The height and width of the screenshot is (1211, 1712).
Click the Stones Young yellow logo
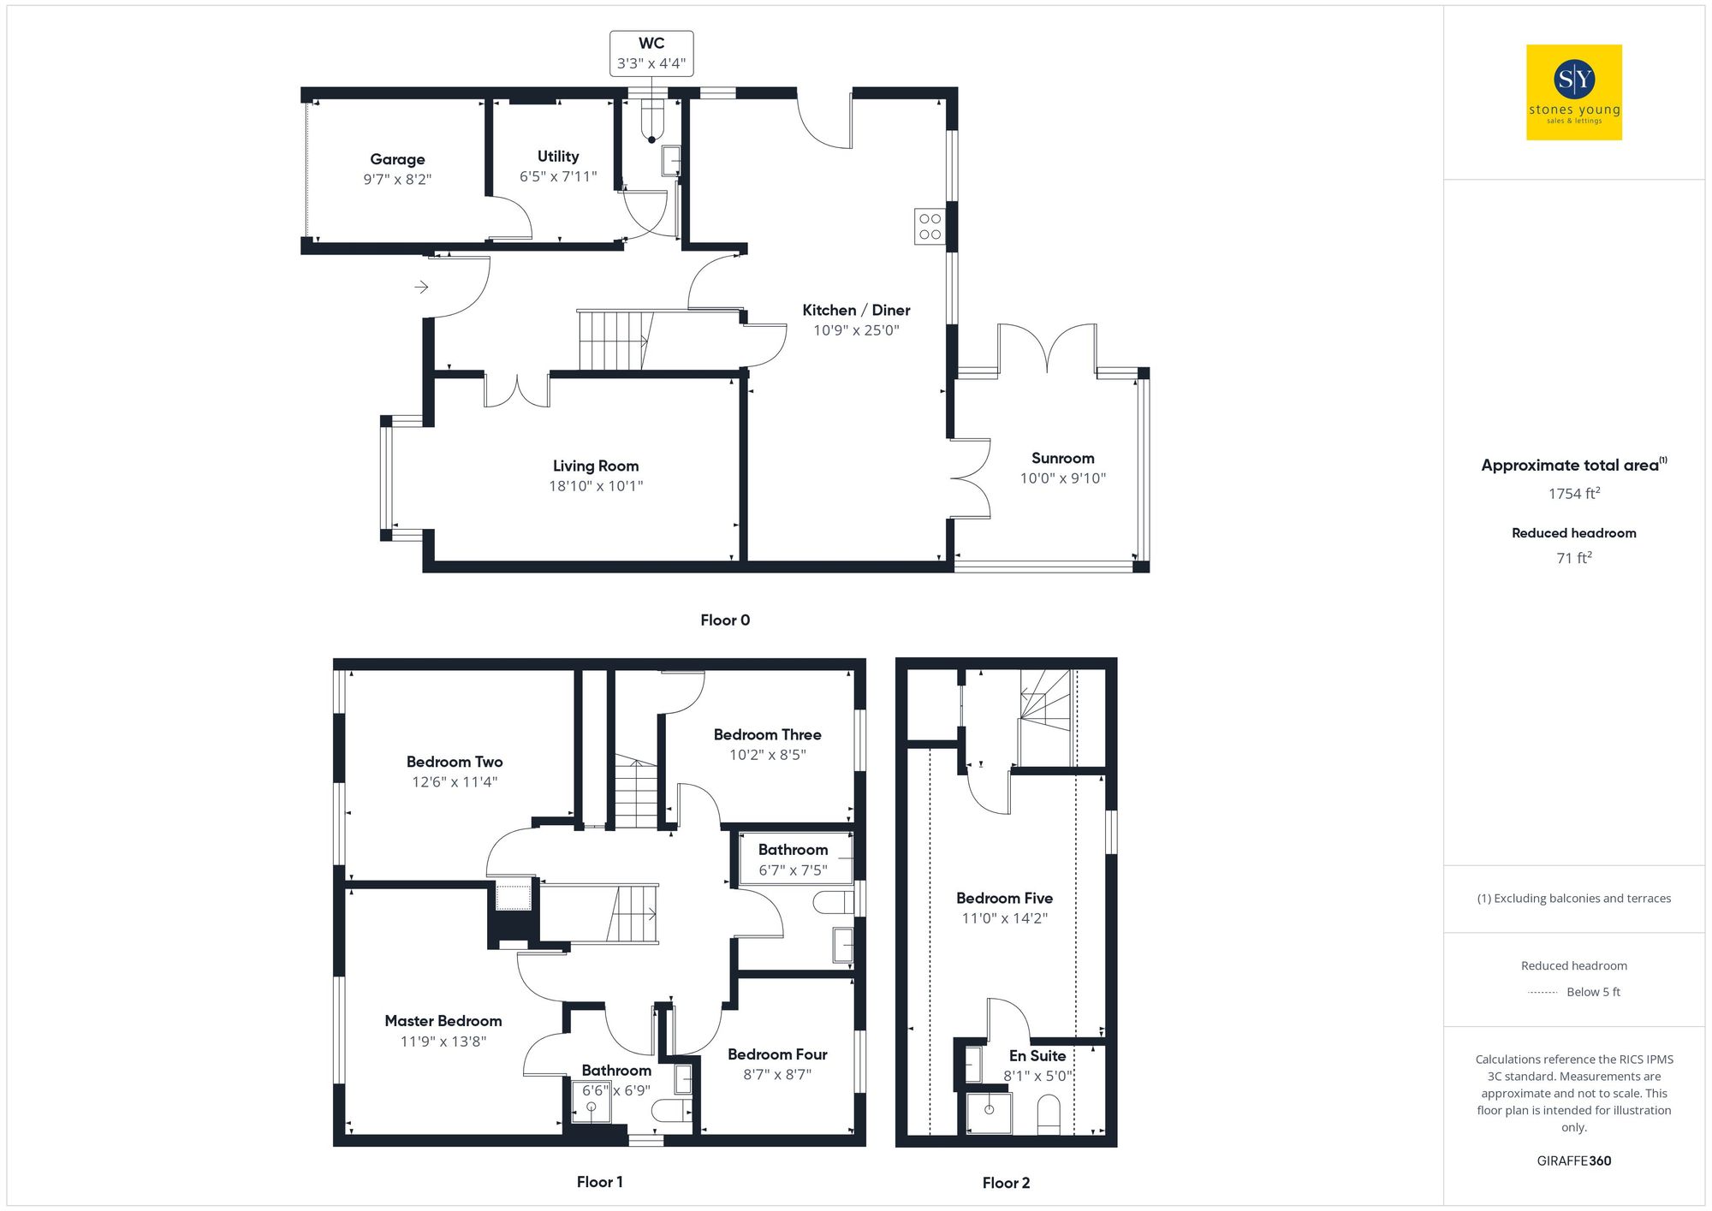tap(1573, 92)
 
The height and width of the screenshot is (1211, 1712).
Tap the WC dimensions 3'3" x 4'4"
tap(651, 63)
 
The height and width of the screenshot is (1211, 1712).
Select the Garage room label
tap(397, 159)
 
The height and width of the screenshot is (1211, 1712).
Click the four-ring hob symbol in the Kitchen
tap(930, 227)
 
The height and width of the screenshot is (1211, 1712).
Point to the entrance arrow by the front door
tap(421, 287)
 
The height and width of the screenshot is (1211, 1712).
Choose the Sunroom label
tap(1062, 459)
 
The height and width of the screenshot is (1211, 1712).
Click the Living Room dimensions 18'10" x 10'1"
tap(596, 486)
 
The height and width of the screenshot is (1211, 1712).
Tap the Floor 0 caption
tap(724, 620)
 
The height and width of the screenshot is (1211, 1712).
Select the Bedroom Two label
tap(455, 762)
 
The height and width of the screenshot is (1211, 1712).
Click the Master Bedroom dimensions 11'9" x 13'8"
tap(443, 1042)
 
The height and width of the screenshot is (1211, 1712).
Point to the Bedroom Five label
tap(1004, 898)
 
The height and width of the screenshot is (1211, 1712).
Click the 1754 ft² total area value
tap(1573, 494)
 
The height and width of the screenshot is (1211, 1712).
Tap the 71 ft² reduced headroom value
tap(1573, 558)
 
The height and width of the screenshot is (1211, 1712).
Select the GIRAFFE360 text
tap(1573, 1161)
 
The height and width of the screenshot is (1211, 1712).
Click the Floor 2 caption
tap(1006, 1183)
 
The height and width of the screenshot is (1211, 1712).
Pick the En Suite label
tap(1037, 1056)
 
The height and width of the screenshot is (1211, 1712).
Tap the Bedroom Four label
tap(777, 1054)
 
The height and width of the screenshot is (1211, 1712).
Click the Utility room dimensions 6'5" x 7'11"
tap(558, 177)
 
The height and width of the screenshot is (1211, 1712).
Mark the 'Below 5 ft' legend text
tap(1593, 992)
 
